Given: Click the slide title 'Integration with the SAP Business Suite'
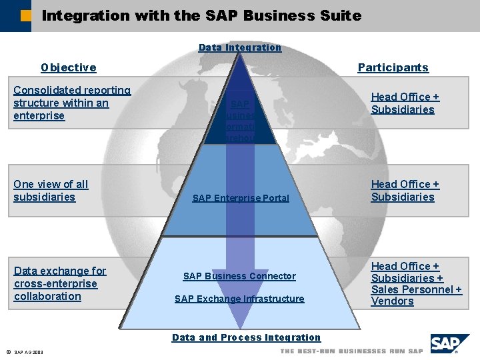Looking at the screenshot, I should (x=201, y=15).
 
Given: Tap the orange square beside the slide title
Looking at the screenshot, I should (x=25, y=15).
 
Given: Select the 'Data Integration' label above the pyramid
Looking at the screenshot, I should (x=240, y=47).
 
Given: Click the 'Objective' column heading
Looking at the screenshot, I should (x=69, y=67).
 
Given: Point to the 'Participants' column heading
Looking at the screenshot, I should (x=393, y=67).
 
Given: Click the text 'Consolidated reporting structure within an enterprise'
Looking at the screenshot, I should (x=71, y=103).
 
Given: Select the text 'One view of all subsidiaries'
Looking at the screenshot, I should (x=51, y=191).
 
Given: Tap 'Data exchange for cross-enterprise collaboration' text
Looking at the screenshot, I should (x=59, y=283).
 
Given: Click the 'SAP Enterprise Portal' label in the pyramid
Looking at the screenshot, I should (x=241, y=198).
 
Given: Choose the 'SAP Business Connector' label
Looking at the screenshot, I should (x=239, y=276).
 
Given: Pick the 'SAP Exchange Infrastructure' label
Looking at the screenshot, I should (x=239, y=299).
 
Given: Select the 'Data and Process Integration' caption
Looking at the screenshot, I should (x=246, y=337).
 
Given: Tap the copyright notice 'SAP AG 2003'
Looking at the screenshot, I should (x=28, y=352).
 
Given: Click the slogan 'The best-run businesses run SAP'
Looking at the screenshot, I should (x=351, y=351).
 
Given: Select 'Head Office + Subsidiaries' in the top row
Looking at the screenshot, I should (x=405, y=103).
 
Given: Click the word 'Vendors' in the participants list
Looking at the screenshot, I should (x=393, y=301).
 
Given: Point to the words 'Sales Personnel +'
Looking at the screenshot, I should (x=416, y=289).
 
